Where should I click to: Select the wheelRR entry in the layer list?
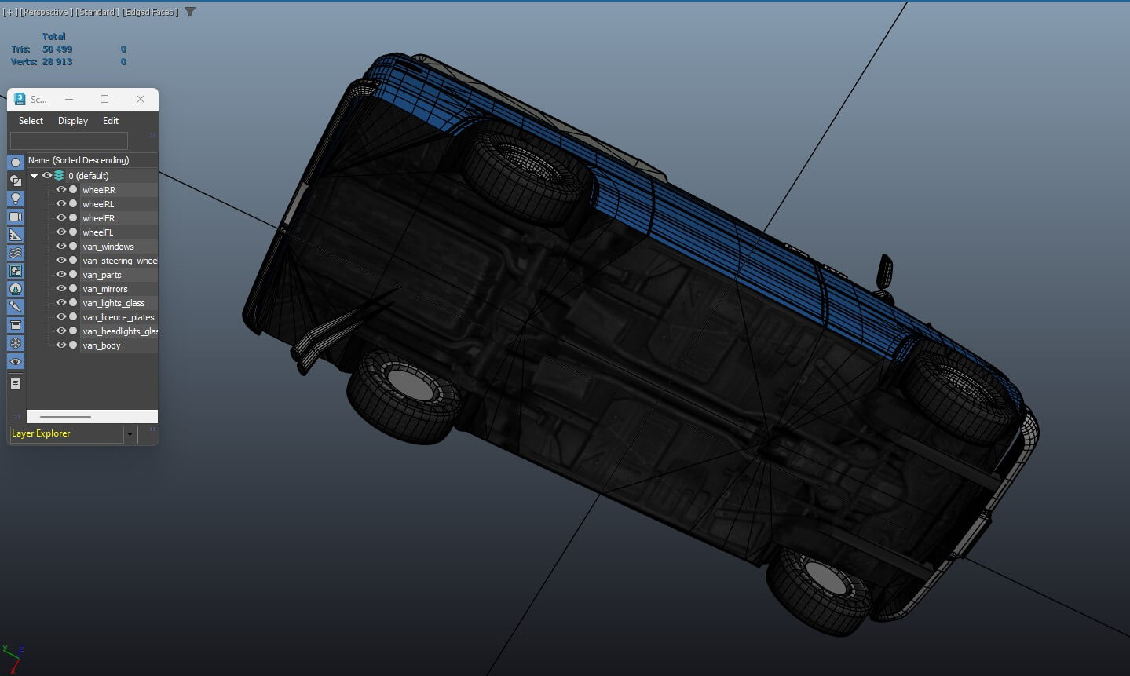[99, 190]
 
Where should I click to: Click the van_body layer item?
[101, 345]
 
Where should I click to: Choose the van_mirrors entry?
[104, 289]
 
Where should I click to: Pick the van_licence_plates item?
[118, 317]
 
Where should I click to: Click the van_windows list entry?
[108, 247]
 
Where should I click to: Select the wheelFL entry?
[97, 232]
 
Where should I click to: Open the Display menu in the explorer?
[73, 121]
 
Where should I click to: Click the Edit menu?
[111, 121]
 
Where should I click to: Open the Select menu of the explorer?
[31, 121]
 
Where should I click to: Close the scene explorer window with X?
[141, 99]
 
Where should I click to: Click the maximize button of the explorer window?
[104, 99]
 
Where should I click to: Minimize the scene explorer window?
[69, 99]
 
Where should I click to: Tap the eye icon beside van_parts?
[60, 275]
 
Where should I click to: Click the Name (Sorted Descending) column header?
[79, 160]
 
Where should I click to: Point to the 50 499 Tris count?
[57, 49]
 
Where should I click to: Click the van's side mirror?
[885, 272]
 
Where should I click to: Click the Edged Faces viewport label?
[150, 12]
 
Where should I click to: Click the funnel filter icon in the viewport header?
[190, 12]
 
